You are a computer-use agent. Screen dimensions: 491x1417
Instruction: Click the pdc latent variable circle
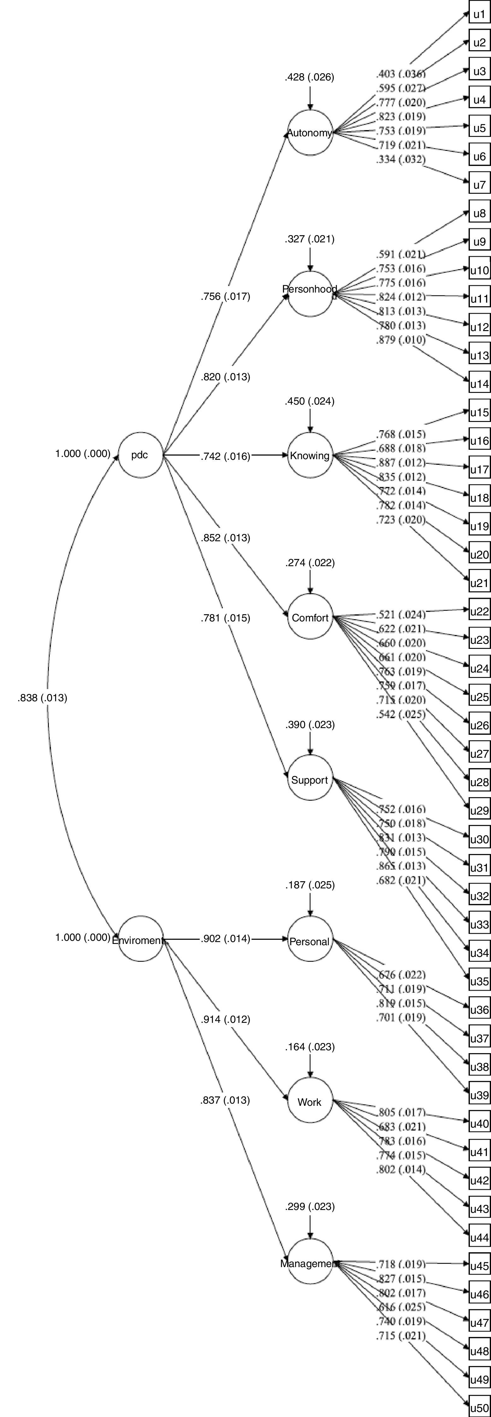140,455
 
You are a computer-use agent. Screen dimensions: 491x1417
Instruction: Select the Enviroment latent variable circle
140,939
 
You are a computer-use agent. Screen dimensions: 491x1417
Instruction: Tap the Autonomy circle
310,133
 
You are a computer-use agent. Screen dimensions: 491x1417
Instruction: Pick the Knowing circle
310,455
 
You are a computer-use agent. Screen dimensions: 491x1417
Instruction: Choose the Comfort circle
310,617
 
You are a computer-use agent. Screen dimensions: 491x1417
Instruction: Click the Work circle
310,1101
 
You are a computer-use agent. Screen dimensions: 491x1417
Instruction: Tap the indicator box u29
479,810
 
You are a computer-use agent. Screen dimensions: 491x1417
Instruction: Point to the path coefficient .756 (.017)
225,296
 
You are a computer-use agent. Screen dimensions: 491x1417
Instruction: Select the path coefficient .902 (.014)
225,939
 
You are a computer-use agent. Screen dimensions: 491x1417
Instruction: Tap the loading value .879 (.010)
401,340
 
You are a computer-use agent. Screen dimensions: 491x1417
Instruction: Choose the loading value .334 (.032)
401,159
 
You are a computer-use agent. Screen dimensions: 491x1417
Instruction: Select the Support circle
310,780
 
